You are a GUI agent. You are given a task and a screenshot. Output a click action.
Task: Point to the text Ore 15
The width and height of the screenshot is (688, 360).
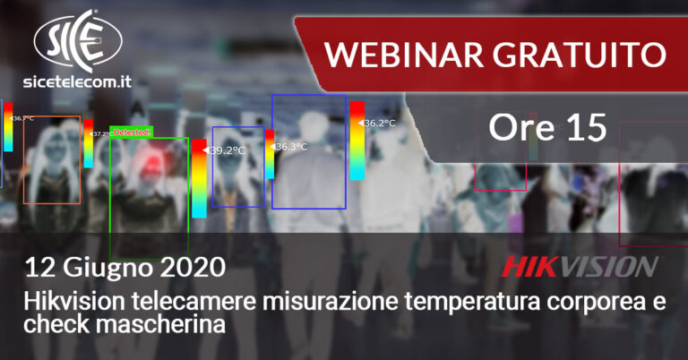[x=547, y=129]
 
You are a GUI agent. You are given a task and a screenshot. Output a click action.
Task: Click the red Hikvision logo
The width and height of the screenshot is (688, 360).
[x=579, y=266]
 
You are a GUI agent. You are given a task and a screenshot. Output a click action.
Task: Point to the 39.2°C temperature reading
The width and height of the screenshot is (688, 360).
[x=228, y=151]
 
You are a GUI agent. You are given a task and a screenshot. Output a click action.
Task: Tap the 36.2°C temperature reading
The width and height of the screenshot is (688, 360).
[x=380, y=123]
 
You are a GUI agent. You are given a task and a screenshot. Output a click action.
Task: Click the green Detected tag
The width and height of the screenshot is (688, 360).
[x=131, y=132]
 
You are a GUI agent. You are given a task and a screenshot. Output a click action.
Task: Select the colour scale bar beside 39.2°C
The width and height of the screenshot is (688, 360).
[x=198, y=178]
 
